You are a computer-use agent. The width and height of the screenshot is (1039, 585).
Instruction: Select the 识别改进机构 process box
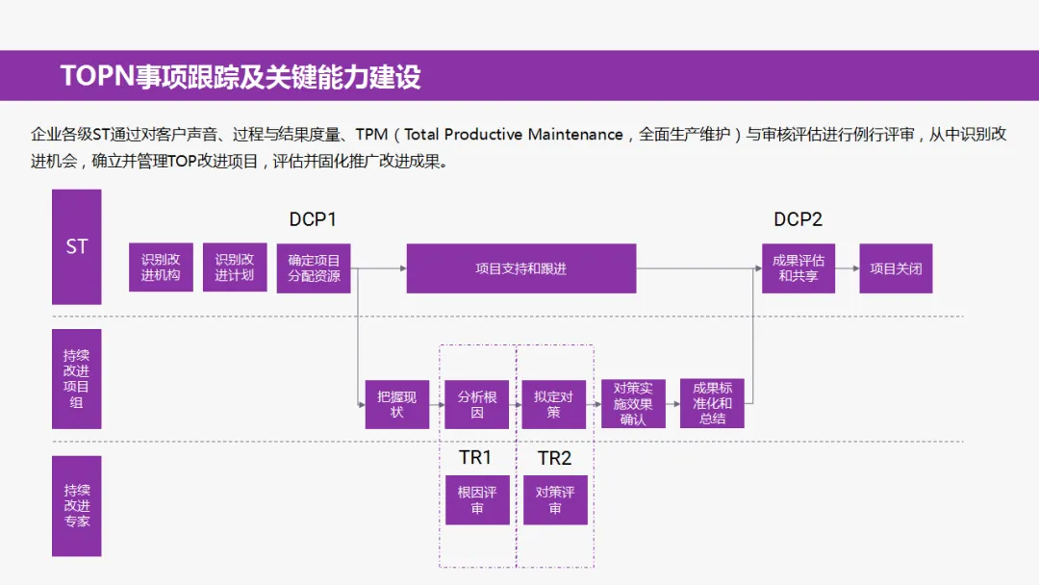pyautogui.click(x=161, y=268)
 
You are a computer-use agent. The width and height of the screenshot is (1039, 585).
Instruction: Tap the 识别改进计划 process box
pyautogui.click(x=235, y=268)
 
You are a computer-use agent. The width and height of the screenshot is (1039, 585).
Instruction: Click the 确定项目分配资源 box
pyautogui.click(x=314, y=268)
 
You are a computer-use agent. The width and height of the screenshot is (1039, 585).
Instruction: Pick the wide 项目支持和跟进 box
pyautogui.click(x=520, y=268)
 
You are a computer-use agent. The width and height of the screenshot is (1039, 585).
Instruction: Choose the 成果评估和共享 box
pyautogui.click(x=798, y=268)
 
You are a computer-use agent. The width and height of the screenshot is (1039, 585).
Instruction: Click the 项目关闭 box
pyautogui.click(x=896, y=268)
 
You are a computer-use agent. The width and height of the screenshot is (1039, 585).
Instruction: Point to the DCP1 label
pyautogui.click(x=313, y=220)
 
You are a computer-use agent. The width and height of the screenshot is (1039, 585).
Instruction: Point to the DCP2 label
pyautogui.click(x=798, y=220)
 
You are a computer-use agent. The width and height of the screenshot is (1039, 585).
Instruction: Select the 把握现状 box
pyautogui.click(x=397, y=404)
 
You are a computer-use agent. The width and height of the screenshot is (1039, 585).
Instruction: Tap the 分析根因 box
pyautogui.click(x=477, y=404)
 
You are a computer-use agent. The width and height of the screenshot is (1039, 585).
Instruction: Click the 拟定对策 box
pyautogui.click(x=554, y=404)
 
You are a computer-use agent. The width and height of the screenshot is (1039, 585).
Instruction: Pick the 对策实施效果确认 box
pyautogui.click(x=633, y=404)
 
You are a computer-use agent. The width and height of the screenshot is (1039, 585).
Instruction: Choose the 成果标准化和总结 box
pyautogui.click(x=712, y=404)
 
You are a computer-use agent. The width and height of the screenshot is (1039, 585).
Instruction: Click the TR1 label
pyautogui.click(x=475, y=458)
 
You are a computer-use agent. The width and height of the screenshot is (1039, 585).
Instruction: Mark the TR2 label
pyautogui.click(x=554, y=458)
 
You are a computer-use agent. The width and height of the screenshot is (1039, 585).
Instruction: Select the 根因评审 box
pyautogui.click(x=477, y=499)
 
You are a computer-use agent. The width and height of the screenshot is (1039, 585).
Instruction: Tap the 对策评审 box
pyautogui.click(x=555, y=499)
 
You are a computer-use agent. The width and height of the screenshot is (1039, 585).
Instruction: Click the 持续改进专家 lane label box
pyautogui.click(x=77, y=505)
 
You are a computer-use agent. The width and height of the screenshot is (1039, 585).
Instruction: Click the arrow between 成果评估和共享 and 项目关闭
pyautogui.click(x=847, y=268)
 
